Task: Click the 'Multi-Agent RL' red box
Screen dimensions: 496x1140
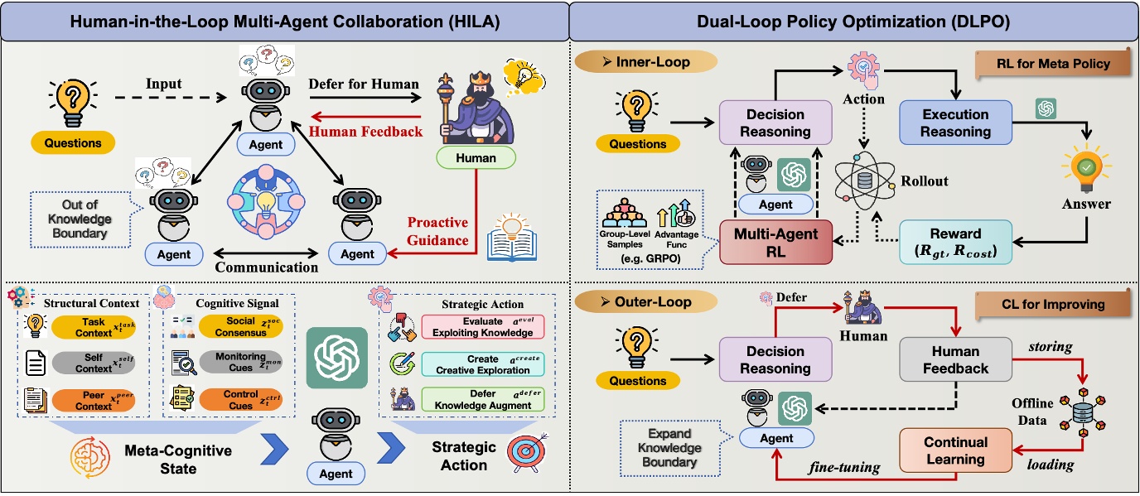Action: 775,242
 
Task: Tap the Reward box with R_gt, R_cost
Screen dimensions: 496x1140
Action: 955,242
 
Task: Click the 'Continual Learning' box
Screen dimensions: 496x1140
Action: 955,450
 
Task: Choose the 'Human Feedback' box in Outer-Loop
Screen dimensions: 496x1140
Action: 955,360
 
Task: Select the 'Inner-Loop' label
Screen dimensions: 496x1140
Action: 644,62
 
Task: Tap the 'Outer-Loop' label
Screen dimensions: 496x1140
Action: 644,302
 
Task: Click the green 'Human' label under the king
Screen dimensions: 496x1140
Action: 476,158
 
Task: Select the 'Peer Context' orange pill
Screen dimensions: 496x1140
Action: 94,401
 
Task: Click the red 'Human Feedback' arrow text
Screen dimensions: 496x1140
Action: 365,131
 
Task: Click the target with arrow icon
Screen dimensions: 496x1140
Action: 528,454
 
